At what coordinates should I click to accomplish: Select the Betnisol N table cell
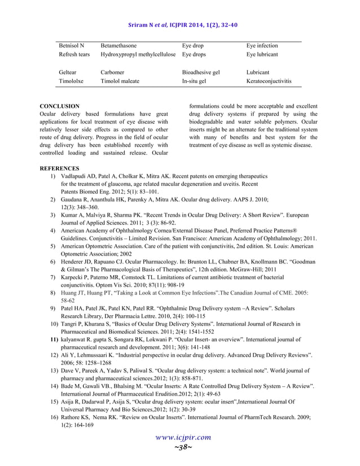tap(71, 45)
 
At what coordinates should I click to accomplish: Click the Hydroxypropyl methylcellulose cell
tap(139, 55)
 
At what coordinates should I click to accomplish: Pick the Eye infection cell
tap(262, 45)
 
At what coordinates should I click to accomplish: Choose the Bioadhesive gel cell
tap(201, 72)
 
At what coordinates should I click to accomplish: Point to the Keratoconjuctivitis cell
tap(269, 81)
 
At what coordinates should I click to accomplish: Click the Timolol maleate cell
tap(120, 81)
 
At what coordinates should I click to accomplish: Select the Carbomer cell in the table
tap(112, 72)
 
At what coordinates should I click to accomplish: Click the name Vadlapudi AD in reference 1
tap(77, 177)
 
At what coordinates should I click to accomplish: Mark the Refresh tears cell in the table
tap(74, 55)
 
